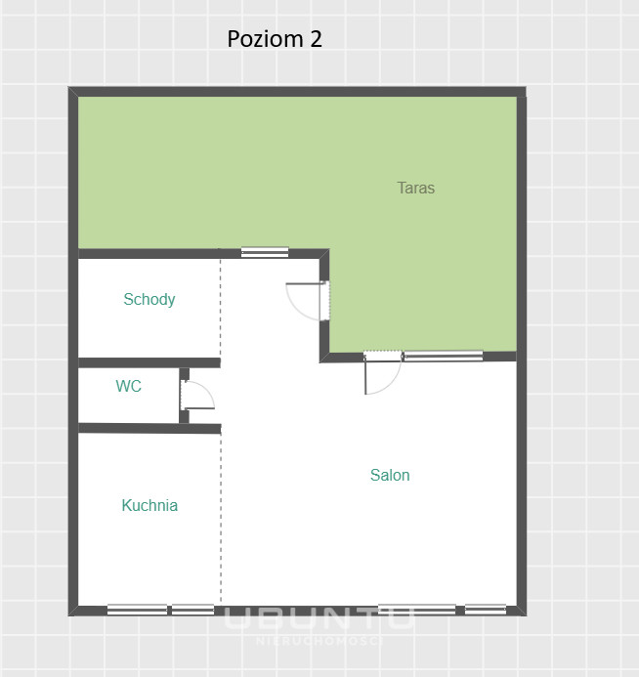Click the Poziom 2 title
[x=275, y=39]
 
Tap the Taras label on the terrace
[x=416, y=188]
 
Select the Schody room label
[x=149, y=299]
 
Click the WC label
[x=129, y=386]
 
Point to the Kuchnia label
[x=149, y=505]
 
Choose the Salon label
[x=390, y=475]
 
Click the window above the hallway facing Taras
[x=265, y=252]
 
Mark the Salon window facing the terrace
[x=443, y=356]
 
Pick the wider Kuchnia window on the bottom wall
[x=138, y=610]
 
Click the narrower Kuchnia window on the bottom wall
[x=193, y=610]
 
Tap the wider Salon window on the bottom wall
[x=417, y=610]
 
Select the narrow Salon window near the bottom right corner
[x=486, y=610]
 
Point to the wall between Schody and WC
[x=149, y=362]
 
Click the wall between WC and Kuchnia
[x=149, y=428]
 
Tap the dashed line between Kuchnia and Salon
[x=221, y=518]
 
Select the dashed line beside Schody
[x=220, y=308]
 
